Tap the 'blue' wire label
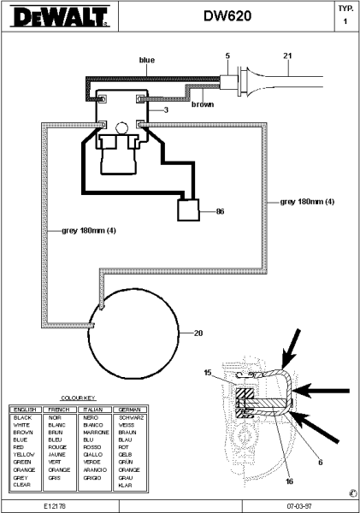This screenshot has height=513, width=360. [146, 60]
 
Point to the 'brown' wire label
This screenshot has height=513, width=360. [202, 104]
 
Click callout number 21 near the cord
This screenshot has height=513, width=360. [287, 56]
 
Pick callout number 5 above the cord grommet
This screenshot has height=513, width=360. [227, 56]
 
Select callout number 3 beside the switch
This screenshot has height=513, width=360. [166, 110]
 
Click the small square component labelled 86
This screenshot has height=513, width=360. [187, 210]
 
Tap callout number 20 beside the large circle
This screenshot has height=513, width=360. [198, 333]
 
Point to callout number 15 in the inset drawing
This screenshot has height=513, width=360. [207, 371]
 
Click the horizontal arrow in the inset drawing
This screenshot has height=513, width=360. [329, 392]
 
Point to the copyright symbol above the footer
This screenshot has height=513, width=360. [352, 493]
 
